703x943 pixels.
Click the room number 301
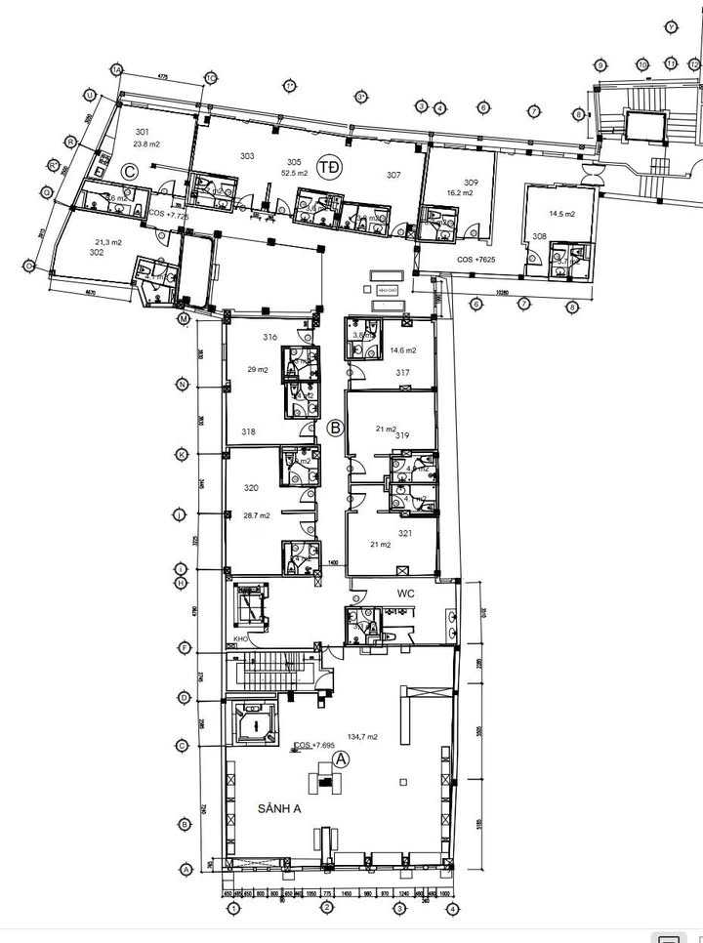pyautogui.click(x=143, y=132)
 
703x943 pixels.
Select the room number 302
pyautogui.click(x=97, y=252)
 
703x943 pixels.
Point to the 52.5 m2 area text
pyautogui.click(x=295, y=173)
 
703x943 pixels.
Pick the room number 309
pyautogui.click(x=471, y=183)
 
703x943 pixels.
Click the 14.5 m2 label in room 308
pyautogui.click(x=561, y=213)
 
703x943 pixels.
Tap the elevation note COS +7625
pyautogui.click(x=477, y=261)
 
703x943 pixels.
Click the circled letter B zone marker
pyautogui.click(x=335, y=427)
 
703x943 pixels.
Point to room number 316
pyautogui.click(x=270, y=338)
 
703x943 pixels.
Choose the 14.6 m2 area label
pyautogui.click(x=403, y=350)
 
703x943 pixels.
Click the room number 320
pyautogui.click(x=251, y=488)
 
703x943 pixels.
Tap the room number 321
pyautogui.click(x=404, y=533)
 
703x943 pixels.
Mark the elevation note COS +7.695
pyautogui.click(x=315, y=746)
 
